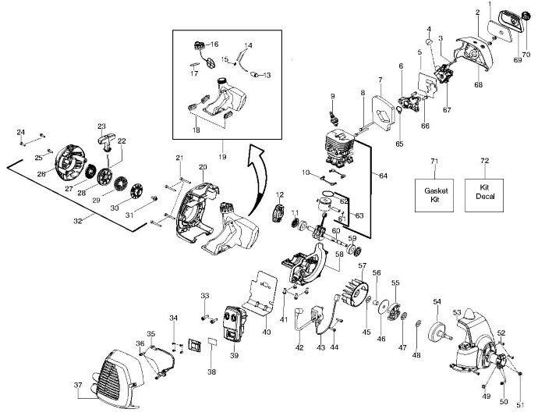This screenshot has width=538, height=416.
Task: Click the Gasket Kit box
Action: (x=434, y=195)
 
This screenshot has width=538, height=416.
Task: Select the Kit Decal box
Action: (x=484, y=195)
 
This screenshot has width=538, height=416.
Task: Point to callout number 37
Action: (x=78, y=385)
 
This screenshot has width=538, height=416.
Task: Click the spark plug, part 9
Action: (x=334, y=117)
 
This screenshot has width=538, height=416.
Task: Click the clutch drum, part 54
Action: (x=441, y=332)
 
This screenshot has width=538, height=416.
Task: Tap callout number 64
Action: (x=384, y=176)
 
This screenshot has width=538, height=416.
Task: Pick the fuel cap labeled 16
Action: (x=199, y=45)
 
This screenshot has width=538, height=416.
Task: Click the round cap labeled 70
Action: (x=526, y=16)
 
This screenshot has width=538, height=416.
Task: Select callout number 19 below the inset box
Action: (x=222, y=157)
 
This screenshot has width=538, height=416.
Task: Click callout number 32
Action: (x=78, y=221)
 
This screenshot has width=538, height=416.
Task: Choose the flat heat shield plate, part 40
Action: (x=260, y=293)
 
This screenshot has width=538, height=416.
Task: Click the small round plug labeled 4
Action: (x=429, y=42)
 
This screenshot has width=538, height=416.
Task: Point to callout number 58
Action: (x=339, y=254)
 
